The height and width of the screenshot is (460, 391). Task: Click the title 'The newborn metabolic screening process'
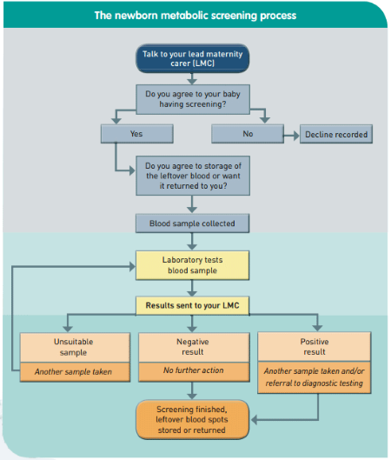point(195,16)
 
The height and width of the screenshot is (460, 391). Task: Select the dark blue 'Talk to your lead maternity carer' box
point(193,58)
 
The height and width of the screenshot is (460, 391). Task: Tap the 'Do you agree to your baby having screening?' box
point(193,99)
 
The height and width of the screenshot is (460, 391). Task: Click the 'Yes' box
point(137,134)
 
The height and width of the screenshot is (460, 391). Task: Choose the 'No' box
point(248,134)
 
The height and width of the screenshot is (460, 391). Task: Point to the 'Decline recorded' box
point(336,134)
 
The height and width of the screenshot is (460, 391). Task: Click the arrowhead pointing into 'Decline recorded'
point(295,136)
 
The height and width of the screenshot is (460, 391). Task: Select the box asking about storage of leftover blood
point(193,176)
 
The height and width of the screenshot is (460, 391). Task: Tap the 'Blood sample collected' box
point(192,223)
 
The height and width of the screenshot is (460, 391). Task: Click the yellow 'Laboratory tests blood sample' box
point(192,265)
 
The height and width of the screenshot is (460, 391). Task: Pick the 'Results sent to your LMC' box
point(192,305)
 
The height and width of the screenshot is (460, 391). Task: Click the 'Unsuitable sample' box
point(75,347)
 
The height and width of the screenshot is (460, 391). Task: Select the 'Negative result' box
point(194,347)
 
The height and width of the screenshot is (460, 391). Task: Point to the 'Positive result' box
point(315,346)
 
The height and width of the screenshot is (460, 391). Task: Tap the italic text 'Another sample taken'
point(73,371)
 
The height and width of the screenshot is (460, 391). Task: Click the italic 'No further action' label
point(194,370)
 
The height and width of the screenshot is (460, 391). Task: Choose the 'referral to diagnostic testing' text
point(315,383)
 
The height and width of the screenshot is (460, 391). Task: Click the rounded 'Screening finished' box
point(193,419)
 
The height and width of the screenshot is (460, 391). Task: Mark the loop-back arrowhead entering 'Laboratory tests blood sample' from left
point(132,266)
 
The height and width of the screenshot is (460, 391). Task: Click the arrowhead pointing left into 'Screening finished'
point(255,420)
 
